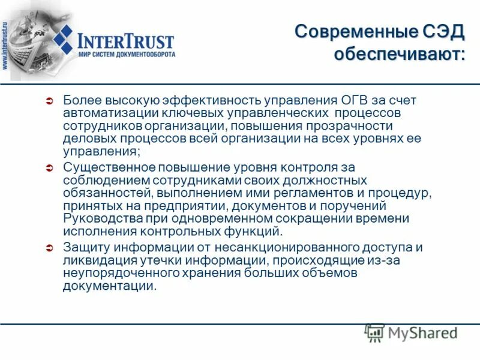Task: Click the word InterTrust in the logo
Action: pos(126,41)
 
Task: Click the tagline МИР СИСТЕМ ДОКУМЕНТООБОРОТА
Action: pos(127,55)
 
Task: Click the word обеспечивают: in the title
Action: pos(400,55)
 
